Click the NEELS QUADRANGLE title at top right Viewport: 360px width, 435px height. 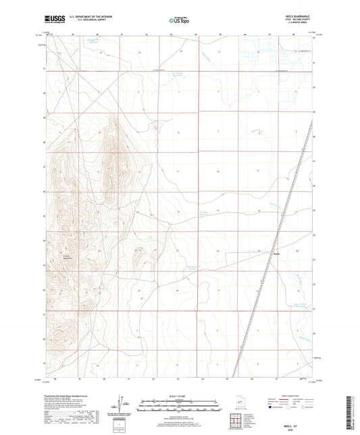(x=295, y=18)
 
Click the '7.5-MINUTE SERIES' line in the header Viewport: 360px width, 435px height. (x=295, y=27)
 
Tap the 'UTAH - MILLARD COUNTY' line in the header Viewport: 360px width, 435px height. (x=295, y=22)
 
